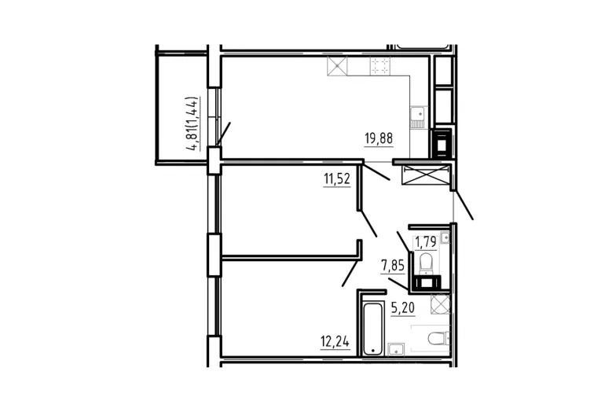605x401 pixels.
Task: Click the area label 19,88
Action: click(x=379, y=138)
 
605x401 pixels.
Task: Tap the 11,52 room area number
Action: click(x=337, y=178)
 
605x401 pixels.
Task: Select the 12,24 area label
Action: click(x=335, y=341)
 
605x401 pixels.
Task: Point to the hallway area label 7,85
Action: click(x=392, y=265)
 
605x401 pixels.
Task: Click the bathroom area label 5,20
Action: click(x=403, y=307)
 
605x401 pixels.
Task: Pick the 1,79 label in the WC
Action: click(x=425, y=241)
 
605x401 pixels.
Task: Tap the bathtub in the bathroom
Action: click(x=373, y=329)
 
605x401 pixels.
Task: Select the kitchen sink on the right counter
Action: click(x=417, y=117)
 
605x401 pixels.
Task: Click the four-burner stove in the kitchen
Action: click(x=380, y=66)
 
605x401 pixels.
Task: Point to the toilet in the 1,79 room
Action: click(x=427, y=262)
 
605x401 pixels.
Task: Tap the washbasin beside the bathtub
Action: click(x=396, y=349)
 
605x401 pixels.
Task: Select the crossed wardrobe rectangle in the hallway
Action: click(x=426, y=175)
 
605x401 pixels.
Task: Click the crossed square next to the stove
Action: click(x=337, y=66)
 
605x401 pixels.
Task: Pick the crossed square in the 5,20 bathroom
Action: click(x=440, y=304)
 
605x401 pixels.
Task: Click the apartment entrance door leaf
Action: click(x=463, y=204)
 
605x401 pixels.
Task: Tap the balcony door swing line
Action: click(x=223, y=134)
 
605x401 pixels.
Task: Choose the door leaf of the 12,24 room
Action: click(x=350, y=274)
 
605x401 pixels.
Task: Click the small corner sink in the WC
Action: click(x=445, y=237)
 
